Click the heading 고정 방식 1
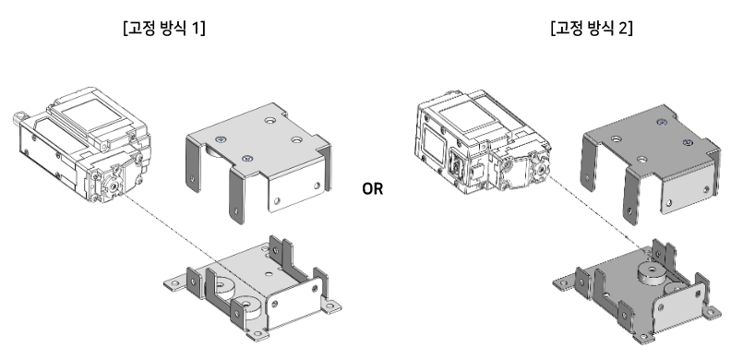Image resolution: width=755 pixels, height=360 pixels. point(164,29)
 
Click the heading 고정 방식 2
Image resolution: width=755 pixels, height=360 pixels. point(592,29)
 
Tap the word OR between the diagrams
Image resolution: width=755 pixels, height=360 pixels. point(373,189)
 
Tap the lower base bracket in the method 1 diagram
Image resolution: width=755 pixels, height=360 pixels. point(252,289)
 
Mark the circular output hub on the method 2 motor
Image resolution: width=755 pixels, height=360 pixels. point(542,168)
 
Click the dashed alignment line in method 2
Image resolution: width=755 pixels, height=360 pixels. point(597,210)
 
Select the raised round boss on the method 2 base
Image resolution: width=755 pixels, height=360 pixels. point(651,273)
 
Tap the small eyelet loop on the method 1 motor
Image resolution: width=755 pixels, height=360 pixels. point(19,117)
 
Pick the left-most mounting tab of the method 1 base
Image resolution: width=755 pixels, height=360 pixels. point(173,284)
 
